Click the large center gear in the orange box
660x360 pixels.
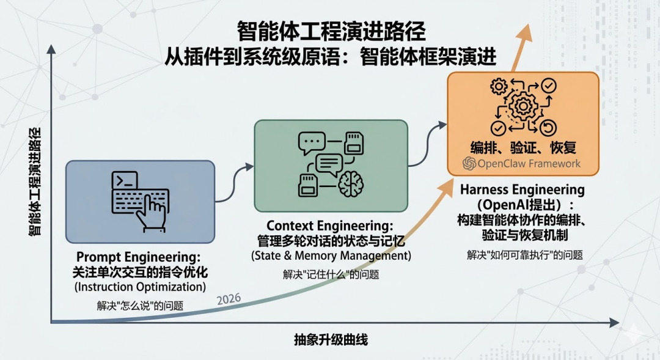[x=523, y=108]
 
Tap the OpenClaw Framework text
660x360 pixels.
[x=522, y=163]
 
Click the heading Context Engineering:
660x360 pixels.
[x=330, y=226]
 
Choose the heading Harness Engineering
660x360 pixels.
[x=522, y=189]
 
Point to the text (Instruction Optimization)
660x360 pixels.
[x=140, y=286]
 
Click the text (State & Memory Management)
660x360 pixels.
[x=331, y=255]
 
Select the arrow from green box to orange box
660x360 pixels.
[x=427, y=142]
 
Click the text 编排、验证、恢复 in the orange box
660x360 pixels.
[x=523, y=147]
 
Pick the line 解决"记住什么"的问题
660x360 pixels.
[x=331, y=274]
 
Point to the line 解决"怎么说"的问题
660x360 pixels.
[x=140, y=305]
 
